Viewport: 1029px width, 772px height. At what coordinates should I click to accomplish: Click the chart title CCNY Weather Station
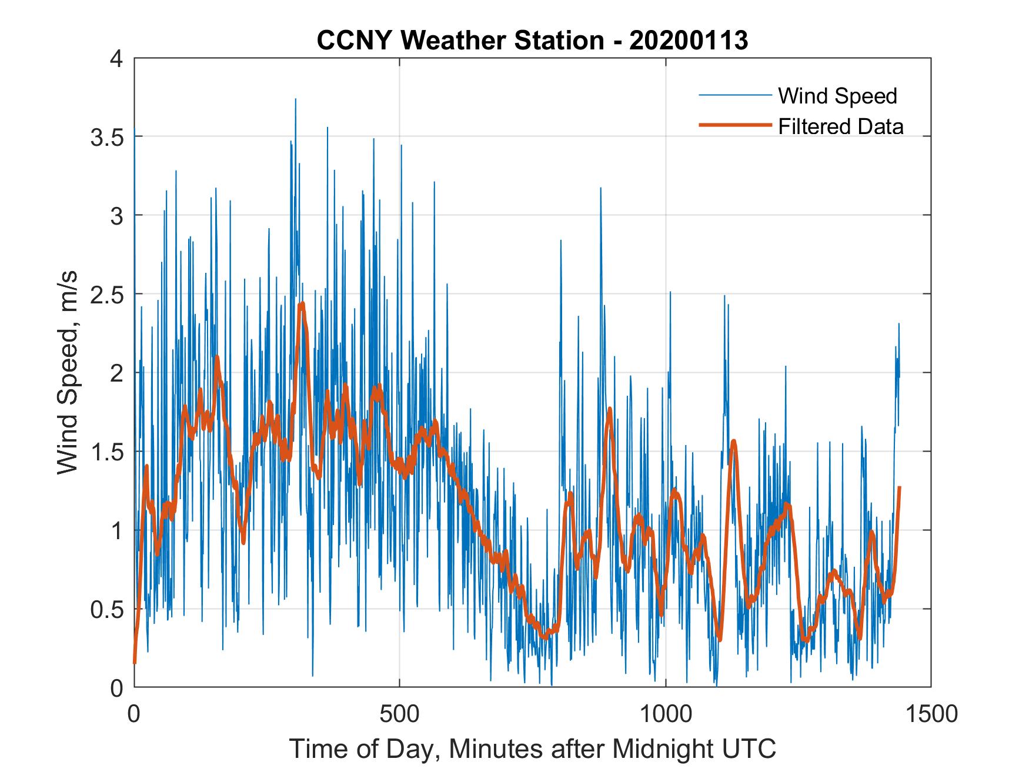pyautogui.click(x=460, y=41)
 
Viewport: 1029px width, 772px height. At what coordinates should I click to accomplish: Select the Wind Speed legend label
pyautogui.click(x=837, y=96)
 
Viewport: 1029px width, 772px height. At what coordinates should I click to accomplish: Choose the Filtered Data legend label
pyautogui.click(x=841, y=126)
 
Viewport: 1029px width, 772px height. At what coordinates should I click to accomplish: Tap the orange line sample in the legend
pyautogui.click(x=734, y=125)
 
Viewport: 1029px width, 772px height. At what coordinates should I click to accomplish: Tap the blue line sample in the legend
pyautogui.click(x=734, y=95)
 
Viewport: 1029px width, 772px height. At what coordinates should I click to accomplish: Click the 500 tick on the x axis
pyautogui.click(x=400, y=713)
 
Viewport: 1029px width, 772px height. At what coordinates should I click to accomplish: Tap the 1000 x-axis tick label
pyautogui.click(x=666, y=713)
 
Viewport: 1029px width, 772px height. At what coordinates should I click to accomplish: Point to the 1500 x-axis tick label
pyautogui.click(x=931, y=713)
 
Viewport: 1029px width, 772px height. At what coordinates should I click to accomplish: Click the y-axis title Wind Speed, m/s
pyautogui.click(x=68, y=373)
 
